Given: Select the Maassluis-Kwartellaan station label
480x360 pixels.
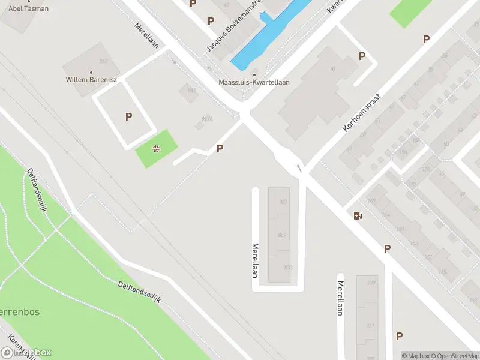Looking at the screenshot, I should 254,82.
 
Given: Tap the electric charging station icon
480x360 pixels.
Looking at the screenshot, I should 358,216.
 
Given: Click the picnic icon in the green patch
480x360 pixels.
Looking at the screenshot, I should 157,149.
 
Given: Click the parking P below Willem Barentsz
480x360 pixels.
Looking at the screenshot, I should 128,117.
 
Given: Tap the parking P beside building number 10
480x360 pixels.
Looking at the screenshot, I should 362,56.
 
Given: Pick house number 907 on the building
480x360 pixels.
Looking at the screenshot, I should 283,202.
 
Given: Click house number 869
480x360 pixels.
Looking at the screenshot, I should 282,235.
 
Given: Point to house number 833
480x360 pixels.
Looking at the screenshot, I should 288,268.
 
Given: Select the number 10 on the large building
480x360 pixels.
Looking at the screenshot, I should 332,70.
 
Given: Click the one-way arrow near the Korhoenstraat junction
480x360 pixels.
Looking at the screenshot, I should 298,167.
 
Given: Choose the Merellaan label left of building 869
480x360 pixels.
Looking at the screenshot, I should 255,260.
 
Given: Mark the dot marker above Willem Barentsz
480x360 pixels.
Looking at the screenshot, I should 91,73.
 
